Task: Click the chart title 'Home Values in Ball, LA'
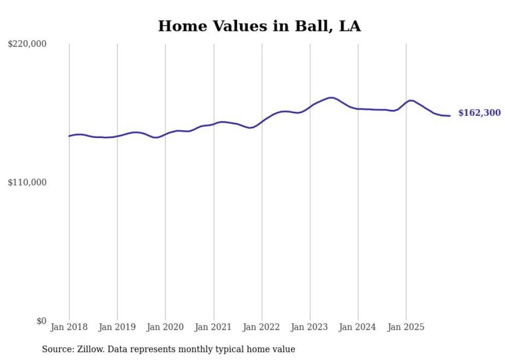[x=259, y=26]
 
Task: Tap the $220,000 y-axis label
[x=27, y=44]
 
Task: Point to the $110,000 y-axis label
[x=27, y=182]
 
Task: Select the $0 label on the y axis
[x=41, y=321]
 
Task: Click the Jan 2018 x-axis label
[x=69, y=327]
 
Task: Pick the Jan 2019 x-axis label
[x=117, y=327]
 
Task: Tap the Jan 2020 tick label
[x=165, y=327]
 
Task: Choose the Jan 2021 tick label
[x=213, y=327]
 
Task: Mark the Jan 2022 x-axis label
[x=262, y=327]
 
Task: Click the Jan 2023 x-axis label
[x=310, y=327]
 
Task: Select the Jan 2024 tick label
[x=358, y=327]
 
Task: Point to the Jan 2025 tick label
[x=406, y=327]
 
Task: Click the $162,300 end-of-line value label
[x=479, y=113]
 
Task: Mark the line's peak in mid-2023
[x=331, y=97]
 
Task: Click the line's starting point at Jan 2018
[x=69, y=136]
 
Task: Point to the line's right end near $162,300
[x=450, y=116]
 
